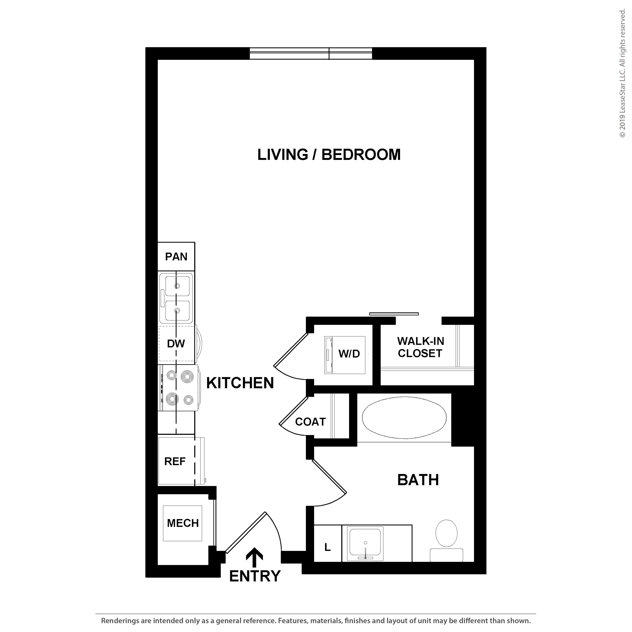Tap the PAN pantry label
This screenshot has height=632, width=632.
tap(176, 257)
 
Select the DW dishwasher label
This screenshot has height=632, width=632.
tap(176, 343)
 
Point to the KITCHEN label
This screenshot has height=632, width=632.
tap(240, 383)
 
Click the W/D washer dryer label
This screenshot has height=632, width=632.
tap(349, 354)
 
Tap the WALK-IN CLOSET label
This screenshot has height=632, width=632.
tap(421, 347)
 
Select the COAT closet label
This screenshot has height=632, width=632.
tap(310, 422)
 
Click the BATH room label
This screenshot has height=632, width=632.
tap(418, 480)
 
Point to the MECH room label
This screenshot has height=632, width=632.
tap(183, 523)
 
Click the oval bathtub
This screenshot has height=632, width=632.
tap(404, 418)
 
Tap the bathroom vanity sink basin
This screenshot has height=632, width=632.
tap(365, 543)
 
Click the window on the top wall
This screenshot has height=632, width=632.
tap(311, 54)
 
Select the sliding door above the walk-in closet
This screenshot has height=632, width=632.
tap(394, 314)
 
